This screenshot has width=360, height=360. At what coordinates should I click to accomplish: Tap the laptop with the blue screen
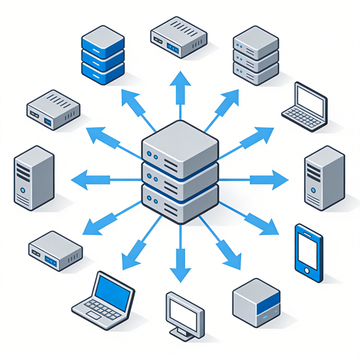(103, 300)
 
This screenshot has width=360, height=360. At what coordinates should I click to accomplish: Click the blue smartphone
(309, 249)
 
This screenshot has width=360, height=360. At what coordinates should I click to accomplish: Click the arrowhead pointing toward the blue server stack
(128, 99)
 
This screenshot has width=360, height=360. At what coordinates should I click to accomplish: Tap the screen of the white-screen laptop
(311, 97)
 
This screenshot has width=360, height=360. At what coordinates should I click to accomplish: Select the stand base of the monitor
(185, 335)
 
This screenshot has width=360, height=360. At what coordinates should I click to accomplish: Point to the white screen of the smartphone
(308, 247)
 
